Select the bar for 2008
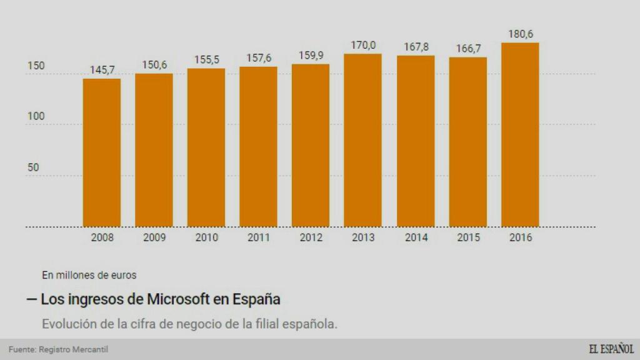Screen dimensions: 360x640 point(102,152)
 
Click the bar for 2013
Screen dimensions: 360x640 point(362,140)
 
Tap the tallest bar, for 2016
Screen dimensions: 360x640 point(520,134)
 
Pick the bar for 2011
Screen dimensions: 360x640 point(258,146)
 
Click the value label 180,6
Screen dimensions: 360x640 point(520,34)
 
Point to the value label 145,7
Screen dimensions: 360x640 point(102,70)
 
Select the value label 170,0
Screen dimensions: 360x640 point(362,45)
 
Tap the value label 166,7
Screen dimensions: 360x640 point(467,48)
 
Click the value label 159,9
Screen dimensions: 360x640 point(311,55)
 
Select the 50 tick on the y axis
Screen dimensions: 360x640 point(33,167)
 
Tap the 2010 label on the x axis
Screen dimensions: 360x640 point(206,237)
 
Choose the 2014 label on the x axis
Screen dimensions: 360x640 point(416,237)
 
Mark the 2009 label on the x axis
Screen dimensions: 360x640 point(154,237)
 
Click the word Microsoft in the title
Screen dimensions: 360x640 point(178,299)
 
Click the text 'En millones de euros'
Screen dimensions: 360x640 point(89,274)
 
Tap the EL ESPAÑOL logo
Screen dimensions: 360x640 point(610,349)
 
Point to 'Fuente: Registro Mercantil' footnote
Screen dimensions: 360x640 point(54,349)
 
